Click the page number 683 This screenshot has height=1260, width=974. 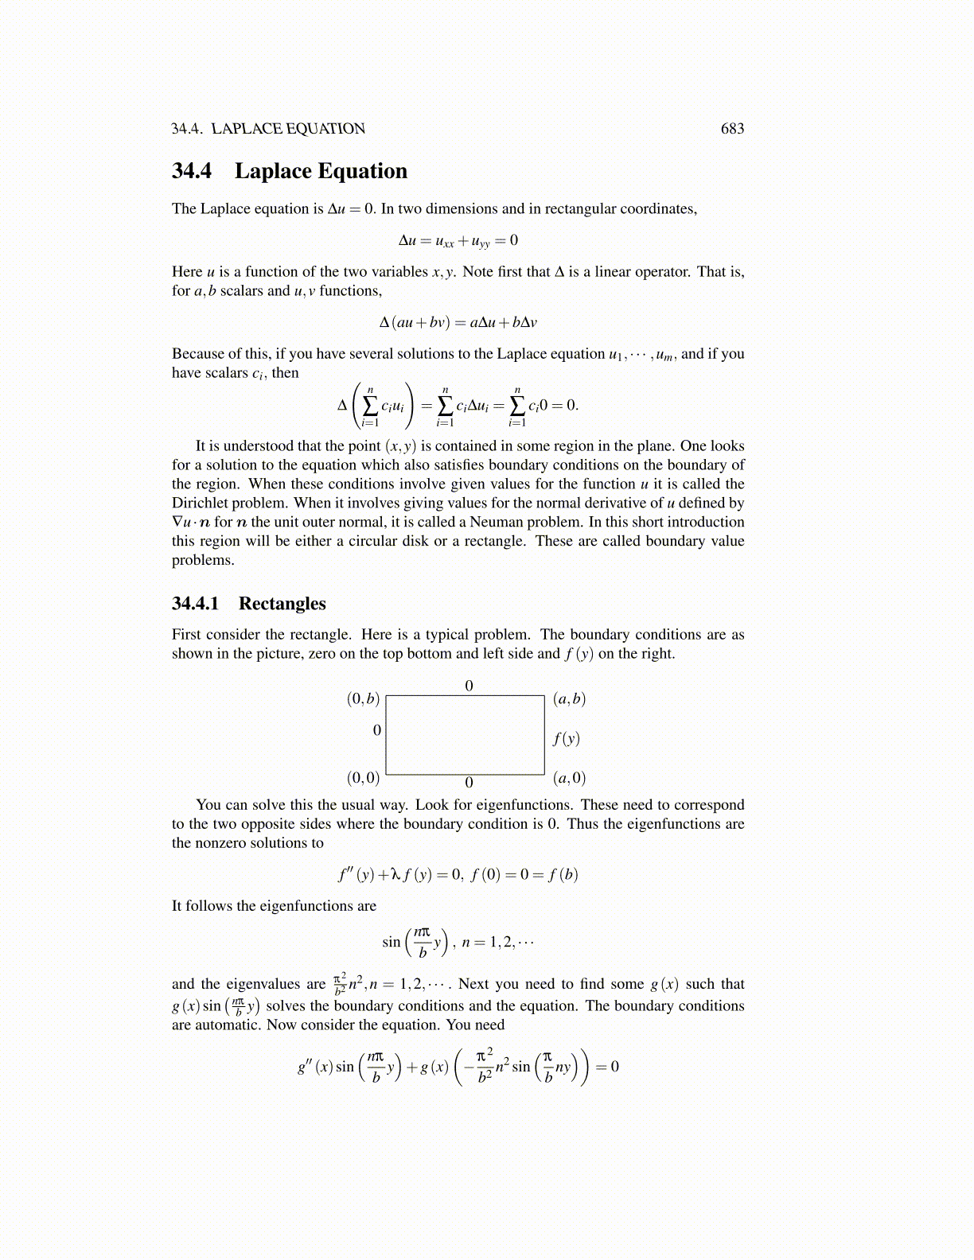coord(732,129)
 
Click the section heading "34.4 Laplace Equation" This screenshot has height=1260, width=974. coord(290,171)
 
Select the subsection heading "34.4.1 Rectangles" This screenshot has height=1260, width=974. coord(248,603)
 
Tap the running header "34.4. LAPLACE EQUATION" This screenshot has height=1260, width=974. coord(268,129)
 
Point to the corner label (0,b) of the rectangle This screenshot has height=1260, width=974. coord(363,698)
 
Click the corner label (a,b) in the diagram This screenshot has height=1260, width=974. coord(569,698)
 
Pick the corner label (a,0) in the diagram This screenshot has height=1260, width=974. coord(569,777)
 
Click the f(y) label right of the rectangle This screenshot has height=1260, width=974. coord(566,738)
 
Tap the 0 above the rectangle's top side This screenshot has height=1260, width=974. coord(469,685)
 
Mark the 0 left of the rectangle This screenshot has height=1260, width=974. coord(377,729)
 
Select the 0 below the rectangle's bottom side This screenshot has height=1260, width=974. coord(469,784)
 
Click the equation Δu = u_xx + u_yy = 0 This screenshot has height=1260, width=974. coord(458,240)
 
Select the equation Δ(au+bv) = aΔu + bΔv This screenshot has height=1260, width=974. coord(458,322)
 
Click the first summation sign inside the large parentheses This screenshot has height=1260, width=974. coord(370,405)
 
